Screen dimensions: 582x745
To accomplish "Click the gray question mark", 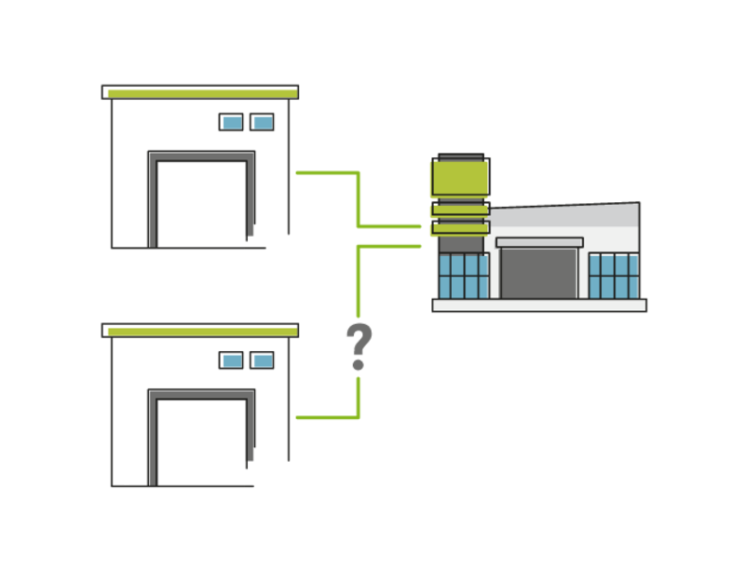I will click(359, 346).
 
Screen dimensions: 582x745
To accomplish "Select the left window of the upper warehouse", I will click(231, 122).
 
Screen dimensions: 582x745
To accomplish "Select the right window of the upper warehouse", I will click(263, 122).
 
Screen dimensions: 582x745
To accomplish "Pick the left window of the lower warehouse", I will click(231, 359).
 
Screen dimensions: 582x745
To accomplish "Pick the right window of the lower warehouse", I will click(263, 359).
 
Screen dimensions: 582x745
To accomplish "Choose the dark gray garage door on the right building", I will click(539, 274).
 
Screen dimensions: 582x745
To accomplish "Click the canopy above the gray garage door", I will click(539, 242).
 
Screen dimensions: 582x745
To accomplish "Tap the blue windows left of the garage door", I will click(463, 276).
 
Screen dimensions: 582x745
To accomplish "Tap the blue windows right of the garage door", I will click(615, 276).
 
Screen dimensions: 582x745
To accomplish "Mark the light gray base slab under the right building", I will click(539, 305).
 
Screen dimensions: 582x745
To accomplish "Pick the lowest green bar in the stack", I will click(458, 227).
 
